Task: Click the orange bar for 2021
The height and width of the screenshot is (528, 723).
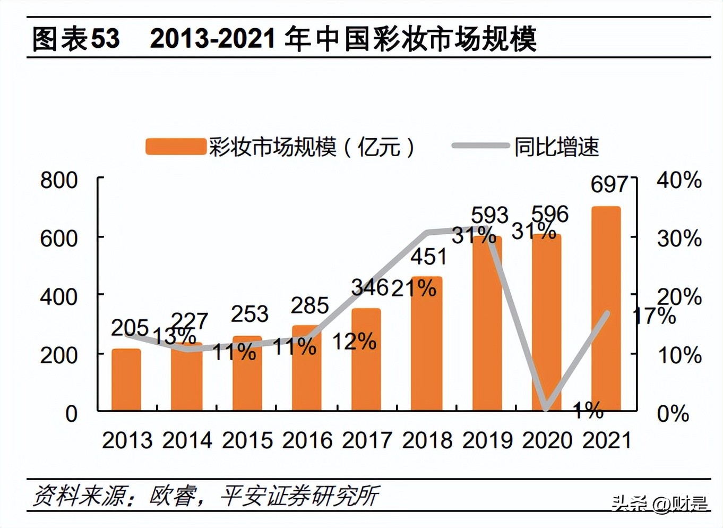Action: click(x=606, y=308)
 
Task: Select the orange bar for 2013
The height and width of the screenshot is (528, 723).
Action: click(x=126, y=379)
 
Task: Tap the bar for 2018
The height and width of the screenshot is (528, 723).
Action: click(x=426, y=343)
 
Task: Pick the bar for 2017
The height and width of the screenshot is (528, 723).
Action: click(x=366, y=359)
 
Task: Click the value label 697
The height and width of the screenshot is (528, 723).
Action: click(x=609, y=184)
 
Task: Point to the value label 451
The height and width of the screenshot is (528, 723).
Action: click(x=429, y=257)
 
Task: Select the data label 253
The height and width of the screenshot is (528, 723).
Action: click(x=249, y=314)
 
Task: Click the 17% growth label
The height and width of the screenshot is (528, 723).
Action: click(x=655, y=316)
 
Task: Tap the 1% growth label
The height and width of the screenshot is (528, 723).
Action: click(x=588, y=410)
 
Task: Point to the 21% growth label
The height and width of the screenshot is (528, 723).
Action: click(x=414, y=288)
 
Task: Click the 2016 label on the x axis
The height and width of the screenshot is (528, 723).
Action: click(x=307, y=440)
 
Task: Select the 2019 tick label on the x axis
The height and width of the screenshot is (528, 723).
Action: click(x=487, y=440)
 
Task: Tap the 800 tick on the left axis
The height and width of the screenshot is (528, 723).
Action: click(x=59, y=181)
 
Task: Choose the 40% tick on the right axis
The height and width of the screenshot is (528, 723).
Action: click(x=679, y=181)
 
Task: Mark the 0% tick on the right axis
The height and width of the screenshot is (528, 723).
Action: click(x=673, y=413)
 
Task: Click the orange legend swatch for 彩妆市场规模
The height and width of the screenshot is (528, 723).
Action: click(x=176, y=147)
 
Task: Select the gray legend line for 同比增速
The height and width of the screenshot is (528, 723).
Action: click(x=480, y=146)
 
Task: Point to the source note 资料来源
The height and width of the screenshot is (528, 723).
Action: click(x=80, y=496)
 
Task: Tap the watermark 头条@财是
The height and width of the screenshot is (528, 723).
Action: click(x=659, y=503)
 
